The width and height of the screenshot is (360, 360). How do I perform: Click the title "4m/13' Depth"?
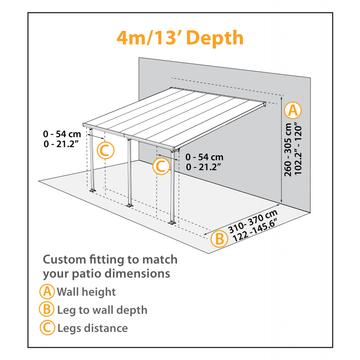point(180,38)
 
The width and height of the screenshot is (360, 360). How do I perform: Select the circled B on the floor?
point(219,238)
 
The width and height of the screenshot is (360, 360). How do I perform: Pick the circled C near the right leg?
point(161,166)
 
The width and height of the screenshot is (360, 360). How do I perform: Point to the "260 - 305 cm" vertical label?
point(288,151)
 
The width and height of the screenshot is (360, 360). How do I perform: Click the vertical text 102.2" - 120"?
point(297,151)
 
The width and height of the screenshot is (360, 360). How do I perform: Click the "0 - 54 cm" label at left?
point(62,134)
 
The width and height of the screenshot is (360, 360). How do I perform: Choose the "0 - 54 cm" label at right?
point(204,157)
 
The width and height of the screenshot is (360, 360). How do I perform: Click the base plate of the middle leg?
point(129,206)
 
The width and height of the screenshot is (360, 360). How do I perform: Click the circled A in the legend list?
point(47,292)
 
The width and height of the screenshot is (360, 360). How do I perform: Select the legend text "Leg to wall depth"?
point(102,310)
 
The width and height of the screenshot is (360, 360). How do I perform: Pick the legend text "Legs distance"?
point(92,328)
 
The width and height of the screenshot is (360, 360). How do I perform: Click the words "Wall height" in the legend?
point(86,292)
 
